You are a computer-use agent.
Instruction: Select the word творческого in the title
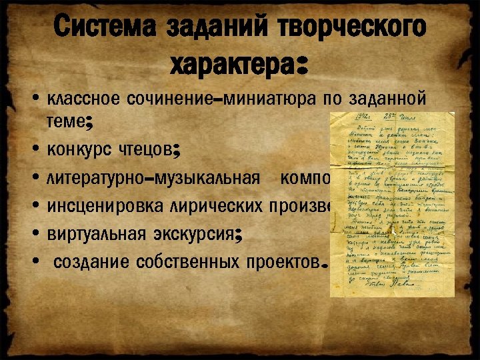[x=347, y=28]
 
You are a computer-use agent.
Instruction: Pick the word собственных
[x=179, y=262]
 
